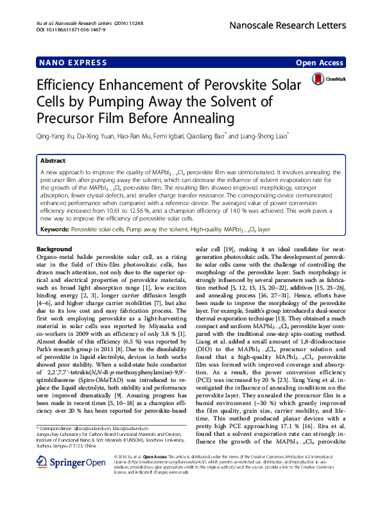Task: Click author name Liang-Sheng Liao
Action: [x=263, y=136]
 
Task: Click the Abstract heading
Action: [x=53, y=161]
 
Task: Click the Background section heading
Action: [x=54, y=248]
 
